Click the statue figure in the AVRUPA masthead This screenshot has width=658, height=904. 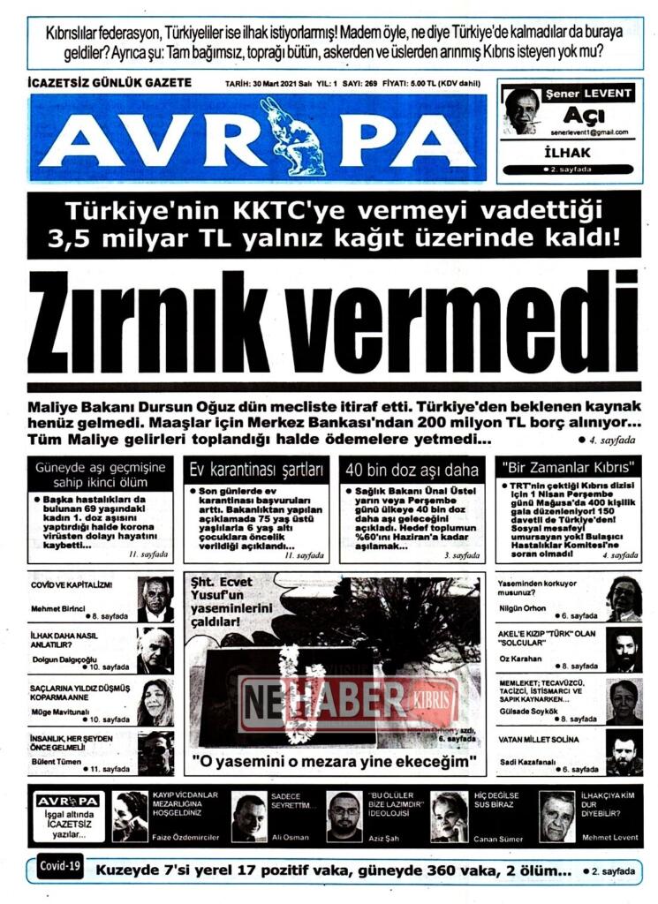(x=291, y=137)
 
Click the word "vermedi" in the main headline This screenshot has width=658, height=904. (x=481, y=322)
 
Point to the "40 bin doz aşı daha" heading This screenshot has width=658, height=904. (x=412, y=469)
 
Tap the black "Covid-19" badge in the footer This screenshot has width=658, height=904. (x=61, y=866)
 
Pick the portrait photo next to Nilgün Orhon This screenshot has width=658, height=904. (x=624, y=599)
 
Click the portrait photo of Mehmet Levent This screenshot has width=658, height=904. (x=556, y=817)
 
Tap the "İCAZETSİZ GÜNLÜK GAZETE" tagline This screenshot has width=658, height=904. (x=110, y=83)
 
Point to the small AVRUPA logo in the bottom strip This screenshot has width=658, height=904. (x=68, y=801)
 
